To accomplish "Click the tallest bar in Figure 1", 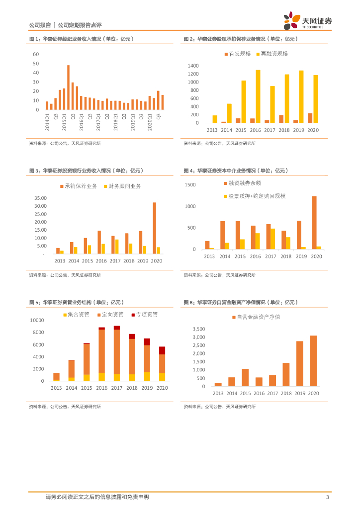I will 69,87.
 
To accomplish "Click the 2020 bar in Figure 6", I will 313,361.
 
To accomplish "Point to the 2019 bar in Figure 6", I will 299,363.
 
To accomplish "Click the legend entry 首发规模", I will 237,54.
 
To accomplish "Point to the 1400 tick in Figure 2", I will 193,66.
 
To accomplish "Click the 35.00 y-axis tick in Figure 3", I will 40,198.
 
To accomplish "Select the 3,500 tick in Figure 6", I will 198,329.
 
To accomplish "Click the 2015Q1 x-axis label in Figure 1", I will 64,121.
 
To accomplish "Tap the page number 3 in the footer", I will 327,497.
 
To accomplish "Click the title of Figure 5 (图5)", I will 77,302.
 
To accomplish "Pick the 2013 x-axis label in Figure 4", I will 209,256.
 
